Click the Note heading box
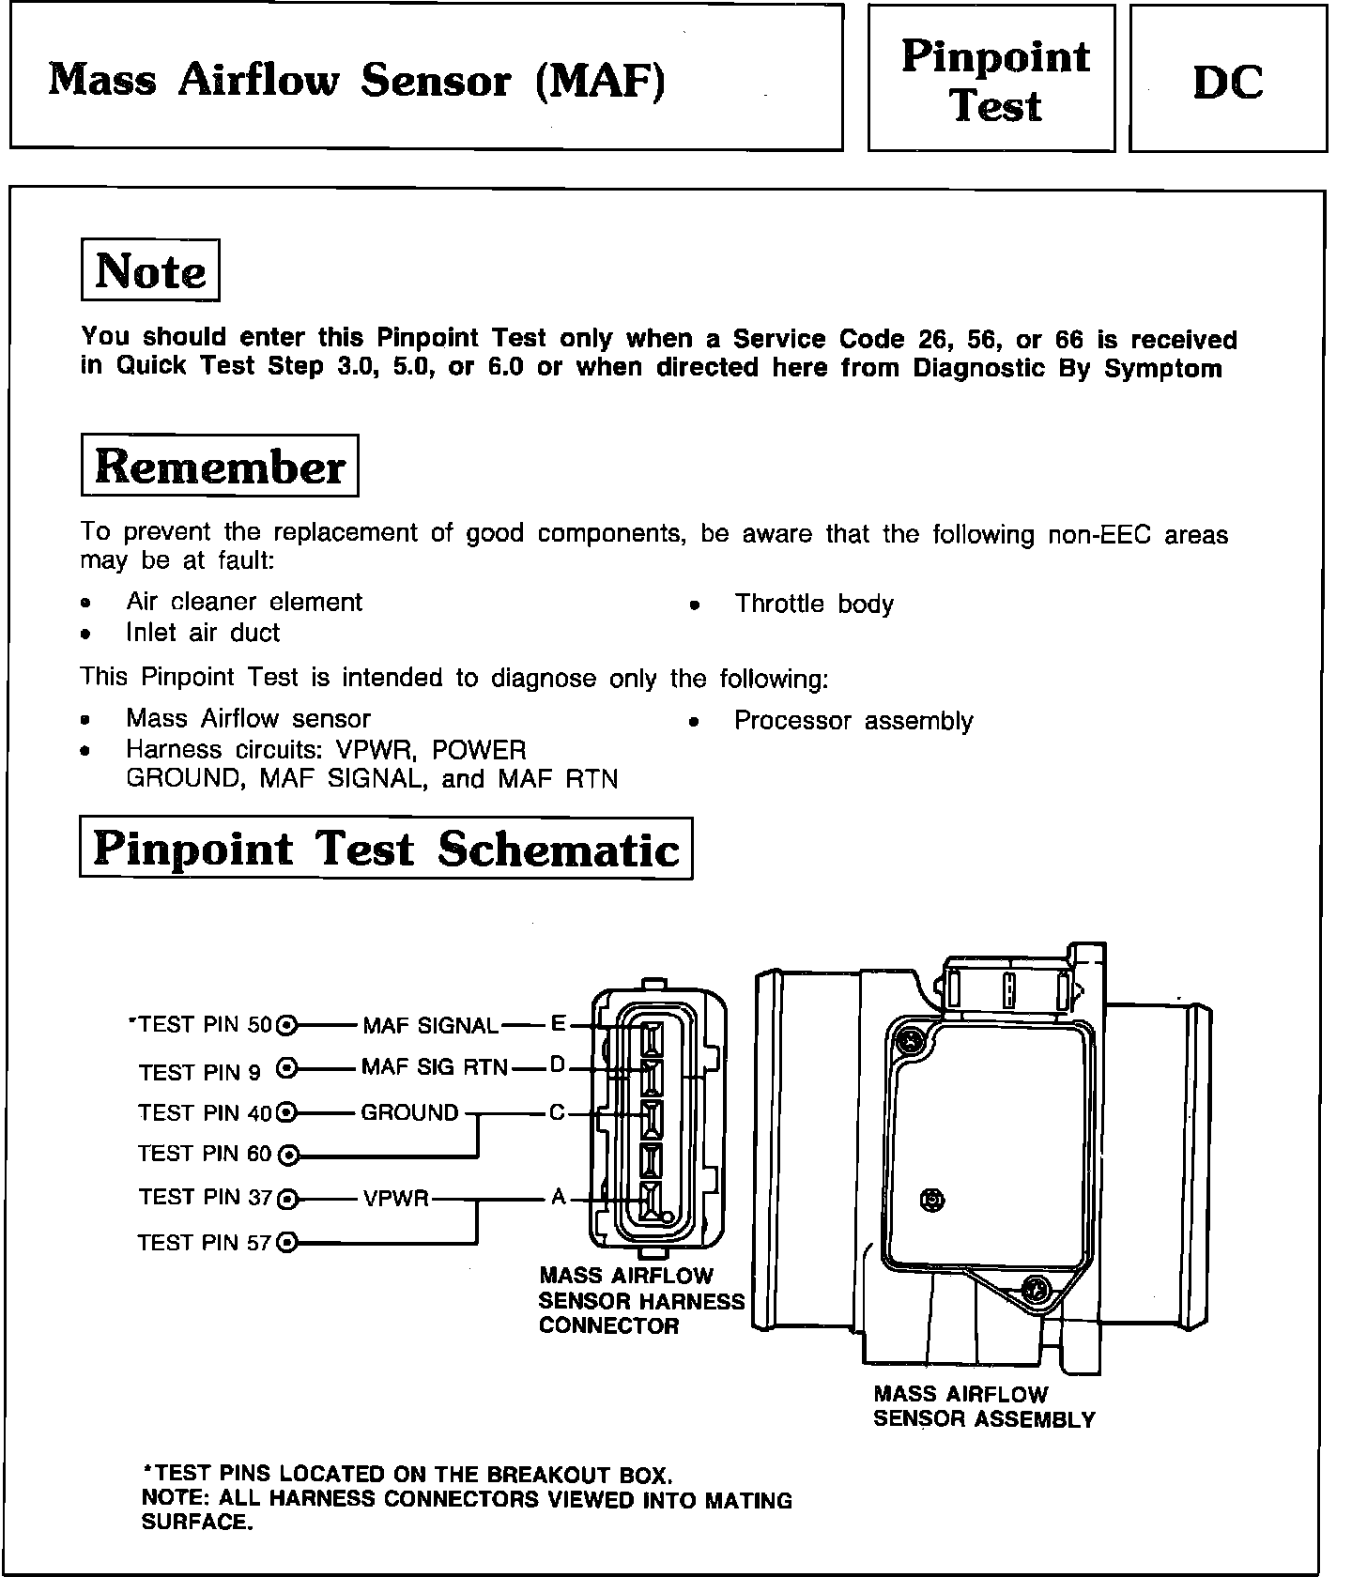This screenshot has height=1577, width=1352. click(x=150, y=271)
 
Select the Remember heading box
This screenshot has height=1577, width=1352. click(x=220, y=466)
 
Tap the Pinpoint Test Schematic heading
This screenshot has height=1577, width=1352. click(x=386, y=849)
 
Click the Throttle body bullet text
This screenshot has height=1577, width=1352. click(x=813, y=604)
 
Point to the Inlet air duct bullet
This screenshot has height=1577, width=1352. click(x=203, y=633)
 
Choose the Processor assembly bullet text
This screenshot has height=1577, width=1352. click(x=853, y=721)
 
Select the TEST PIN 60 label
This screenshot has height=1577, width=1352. click(x=204, y=1154)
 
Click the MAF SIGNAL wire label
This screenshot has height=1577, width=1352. click(x=430, y=1026)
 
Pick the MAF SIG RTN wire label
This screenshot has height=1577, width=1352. click(x=434, y=1067)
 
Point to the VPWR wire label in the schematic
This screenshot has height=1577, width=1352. click(x=395, y=1199)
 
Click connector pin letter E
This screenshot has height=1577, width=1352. click(x=559, y=1023)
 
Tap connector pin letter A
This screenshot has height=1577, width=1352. click(x=559, y=1198)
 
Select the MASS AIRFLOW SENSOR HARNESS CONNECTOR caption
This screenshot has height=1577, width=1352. click(x=640, y=1301)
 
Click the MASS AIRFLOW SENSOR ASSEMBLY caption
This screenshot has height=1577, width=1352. click(x=984, y=1407)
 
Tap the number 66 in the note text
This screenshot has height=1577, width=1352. click(x=1069, y=340)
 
